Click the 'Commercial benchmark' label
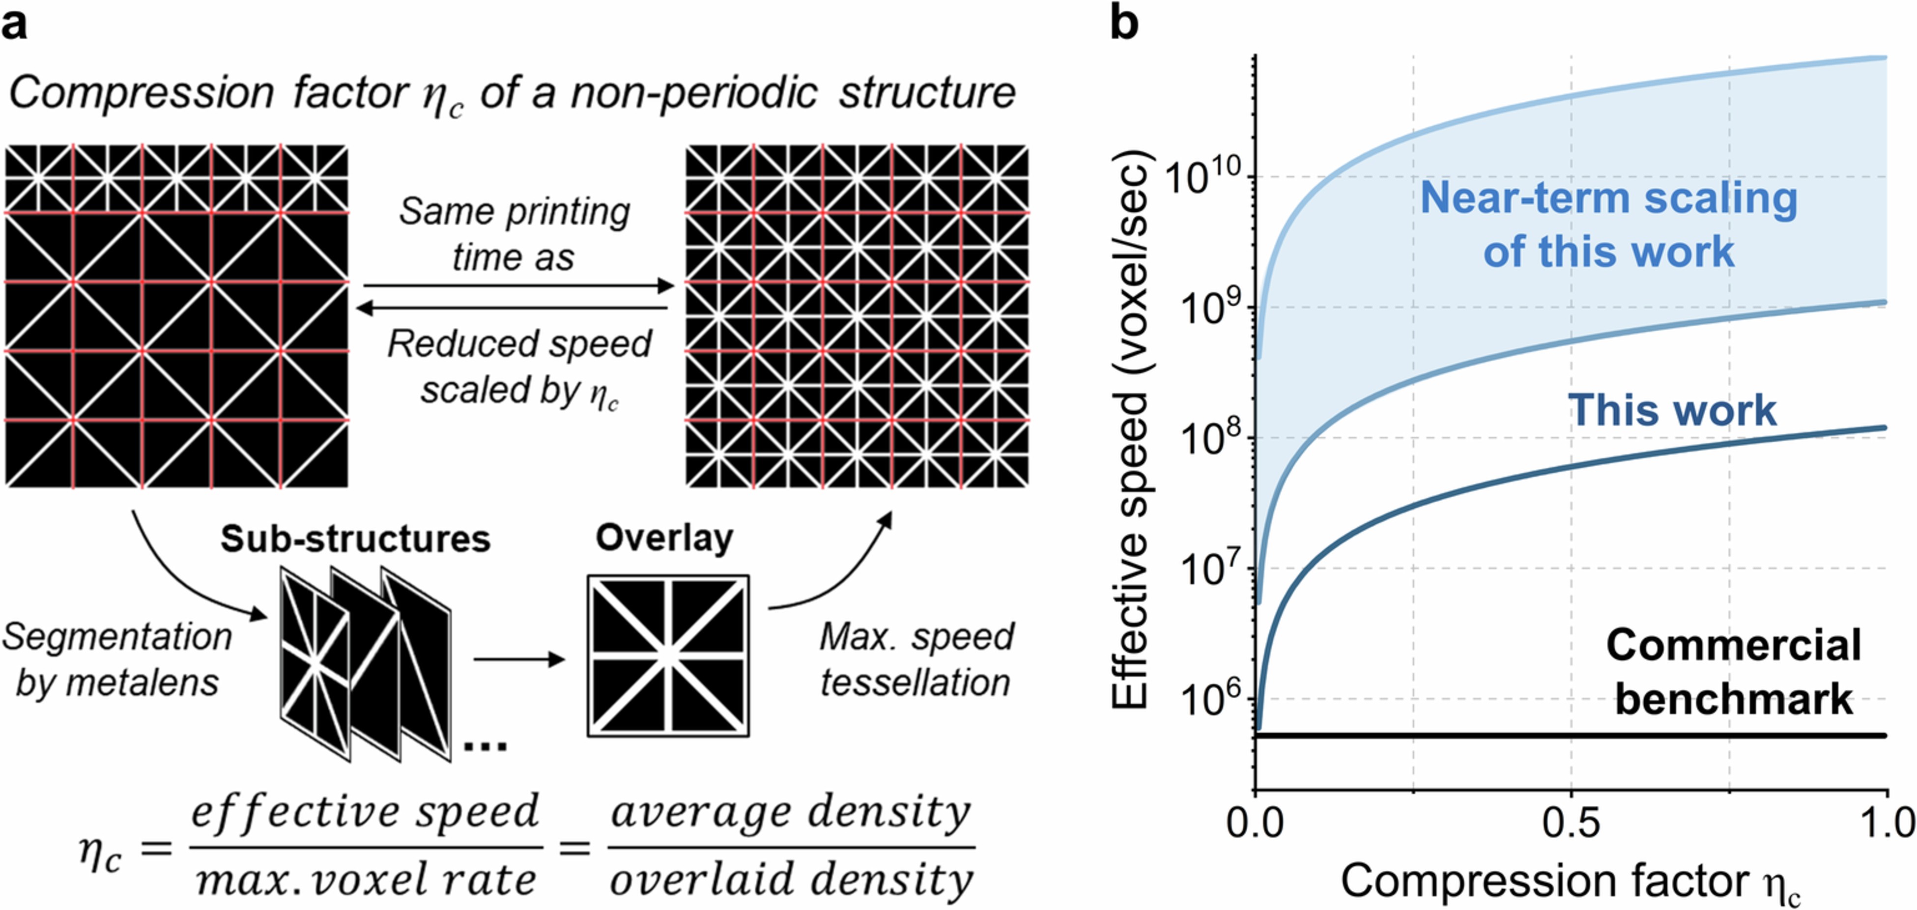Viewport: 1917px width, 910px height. point(1733,671)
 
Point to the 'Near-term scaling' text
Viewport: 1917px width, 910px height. point(1609,199)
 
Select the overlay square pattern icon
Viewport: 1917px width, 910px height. point(667,655)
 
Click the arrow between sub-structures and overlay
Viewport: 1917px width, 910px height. point(519,659)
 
